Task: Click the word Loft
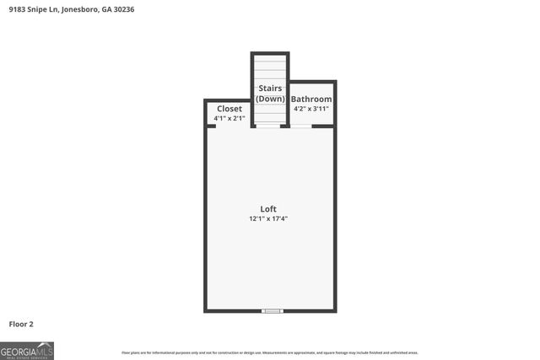[268, 209]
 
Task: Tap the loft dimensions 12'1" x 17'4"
[268, 218]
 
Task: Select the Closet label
[229, 109]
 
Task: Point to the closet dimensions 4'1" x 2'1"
[229, 119]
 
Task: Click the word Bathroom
[311, 99]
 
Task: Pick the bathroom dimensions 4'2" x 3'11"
[311, 109]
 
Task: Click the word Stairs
[270, 88]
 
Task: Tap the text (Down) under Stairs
[270, 99]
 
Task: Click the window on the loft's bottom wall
[271, 311]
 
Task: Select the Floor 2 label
[21, 323]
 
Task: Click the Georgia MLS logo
[27, 351]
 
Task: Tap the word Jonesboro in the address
[82, 9]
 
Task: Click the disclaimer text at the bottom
[270, 352]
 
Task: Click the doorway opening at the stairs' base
[270, 126]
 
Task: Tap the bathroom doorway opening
[301, 126]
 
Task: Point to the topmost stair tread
[270, 57]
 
